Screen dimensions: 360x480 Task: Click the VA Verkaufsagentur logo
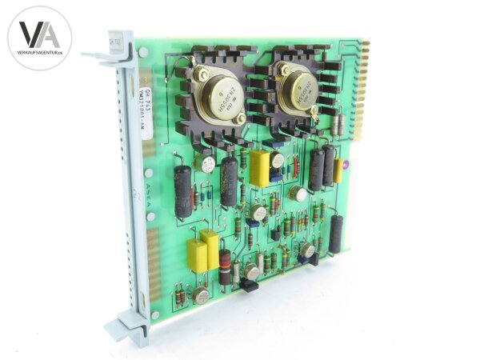pos(39,38)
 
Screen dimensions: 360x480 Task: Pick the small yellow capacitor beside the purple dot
pos(338,170)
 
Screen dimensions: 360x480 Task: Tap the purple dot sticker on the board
pos(345,166)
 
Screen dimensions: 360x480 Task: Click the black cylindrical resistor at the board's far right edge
pos(336,234)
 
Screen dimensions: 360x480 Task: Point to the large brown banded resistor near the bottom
pos(226,266)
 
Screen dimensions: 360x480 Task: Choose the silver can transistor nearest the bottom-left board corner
pos(202,295)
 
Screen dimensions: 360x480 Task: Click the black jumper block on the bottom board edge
pos(250,286)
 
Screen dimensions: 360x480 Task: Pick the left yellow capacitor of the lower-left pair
pos(196,255)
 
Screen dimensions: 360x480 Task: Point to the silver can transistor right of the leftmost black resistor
pos(207,165)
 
